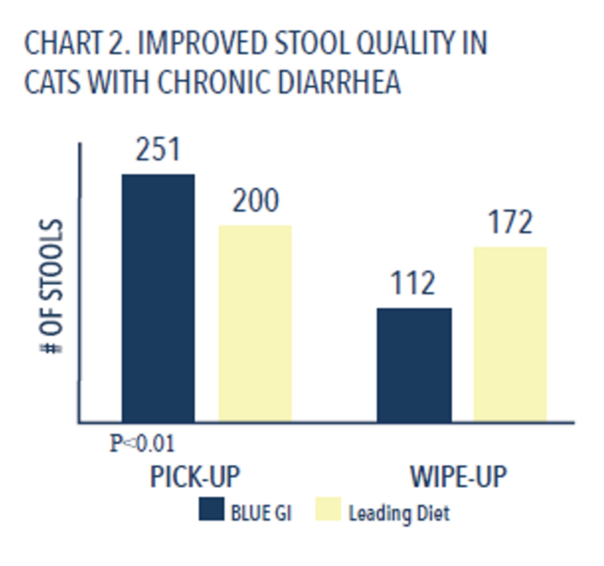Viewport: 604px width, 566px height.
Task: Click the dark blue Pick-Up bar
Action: tap(158, 298)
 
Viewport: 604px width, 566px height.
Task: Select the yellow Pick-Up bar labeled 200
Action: tap(255, 324)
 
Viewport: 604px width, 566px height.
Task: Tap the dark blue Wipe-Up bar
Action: tap(414, 365)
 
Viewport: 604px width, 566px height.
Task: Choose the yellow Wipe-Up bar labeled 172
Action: tap(510, 334)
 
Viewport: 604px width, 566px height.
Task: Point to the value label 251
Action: tap(158, 150)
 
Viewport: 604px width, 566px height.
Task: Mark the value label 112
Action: tap(412, 283)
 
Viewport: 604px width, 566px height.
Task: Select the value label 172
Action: tap(510, 222)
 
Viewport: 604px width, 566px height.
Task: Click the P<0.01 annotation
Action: tap(143, 443)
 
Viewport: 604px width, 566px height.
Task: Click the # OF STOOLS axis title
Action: tap(51, 286)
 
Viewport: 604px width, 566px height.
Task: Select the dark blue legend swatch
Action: tap(212, 509)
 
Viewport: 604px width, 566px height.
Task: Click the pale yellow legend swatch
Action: tap(328, 509)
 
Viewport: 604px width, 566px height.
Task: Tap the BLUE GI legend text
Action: tap(261, 513)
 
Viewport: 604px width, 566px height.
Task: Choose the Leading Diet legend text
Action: tap(399, 513)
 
